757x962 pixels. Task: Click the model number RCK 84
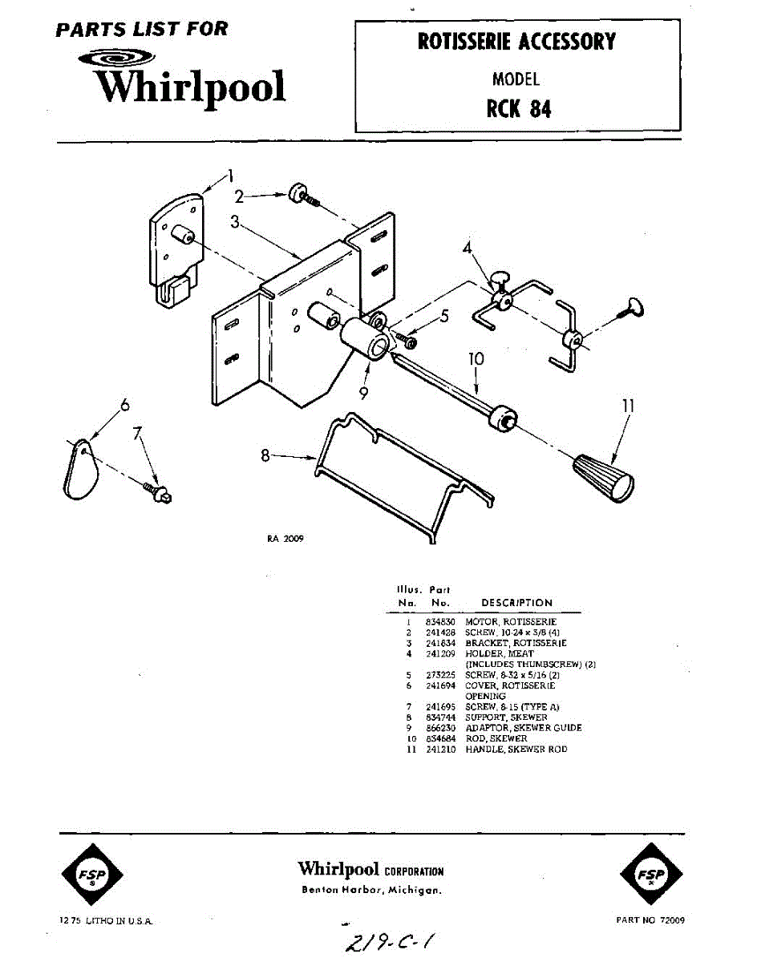[518, 107]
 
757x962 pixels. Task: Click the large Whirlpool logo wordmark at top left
[191, 87]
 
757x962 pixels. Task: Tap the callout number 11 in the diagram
[628, 406]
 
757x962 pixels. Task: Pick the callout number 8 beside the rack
[265, 457]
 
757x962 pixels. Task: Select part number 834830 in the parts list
[439, 621]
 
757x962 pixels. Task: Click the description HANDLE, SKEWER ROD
[516, 749]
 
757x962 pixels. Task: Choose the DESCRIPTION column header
[516, 603]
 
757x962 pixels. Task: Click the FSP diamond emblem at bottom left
[92, 874]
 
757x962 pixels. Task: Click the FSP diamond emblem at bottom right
[650, 874]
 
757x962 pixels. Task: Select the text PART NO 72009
[650, 920]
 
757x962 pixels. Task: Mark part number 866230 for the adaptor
[439, 728]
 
